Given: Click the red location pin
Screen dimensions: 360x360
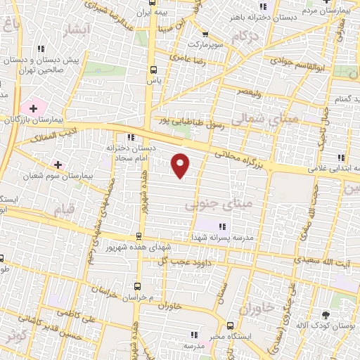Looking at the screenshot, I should [181, 165].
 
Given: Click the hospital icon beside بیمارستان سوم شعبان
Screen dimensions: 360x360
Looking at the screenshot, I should [58, 165].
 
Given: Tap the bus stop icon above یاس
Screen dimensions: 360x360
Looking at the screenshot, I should [154, 69].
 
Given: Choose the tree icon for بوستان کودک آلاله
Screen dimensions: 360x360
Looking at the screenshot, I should [325, 314].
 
